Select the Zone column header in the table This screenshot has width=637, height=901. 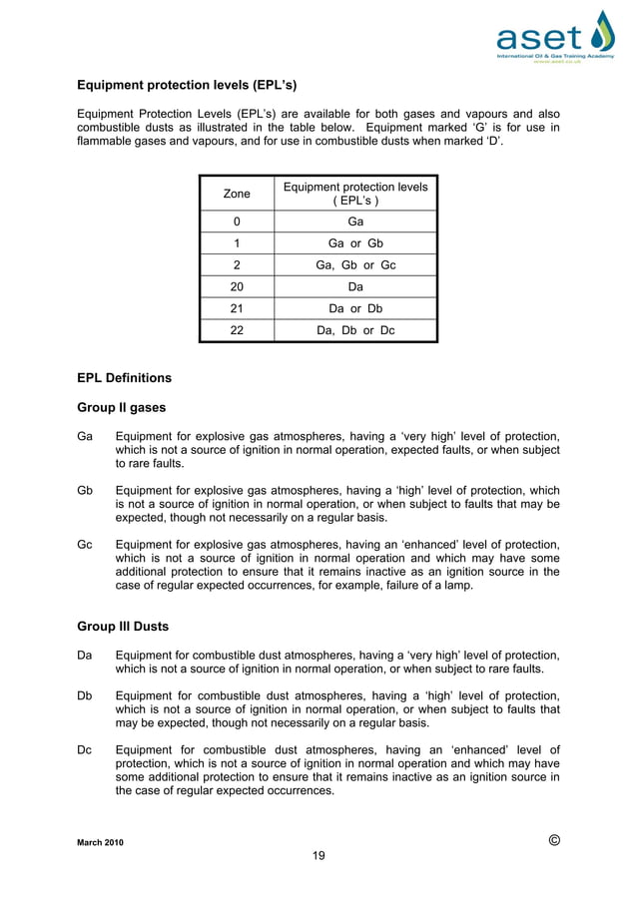click(x=237, y=194)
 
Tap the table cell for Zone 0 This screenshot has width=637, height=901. click(x=237, y=222)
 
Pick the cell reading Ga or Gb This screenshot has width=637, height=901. click(x=355, y=243)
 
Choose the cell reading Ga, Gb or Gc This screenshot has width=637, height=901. click(x=355, y=265)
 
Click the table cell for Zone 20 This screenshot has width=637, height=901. click(x=237, y=287)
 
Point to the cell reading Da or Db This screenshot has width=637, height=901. click(x=355, y=309)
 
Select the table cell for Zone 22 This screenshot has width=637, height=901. click(x=237, y=331)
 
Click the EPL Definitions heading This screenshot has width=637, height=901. click(x=124, y=378)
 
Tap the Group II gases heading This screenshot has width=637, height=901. click(x=121, y=407)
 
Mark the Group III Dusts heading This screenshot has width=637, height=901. click(x=123, y=627)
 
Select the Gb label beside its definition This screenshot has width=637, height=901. click(x=85, y=491)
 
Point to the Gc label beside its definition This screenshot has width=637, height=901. click(x=85, y=545)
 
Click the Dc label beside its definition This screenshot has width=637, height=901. click(x=85, y=749)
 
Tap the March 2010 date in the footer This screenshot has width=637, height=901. click(x=102, y=843)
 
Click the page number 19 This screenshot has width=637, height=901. click(x=318, y=855)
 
